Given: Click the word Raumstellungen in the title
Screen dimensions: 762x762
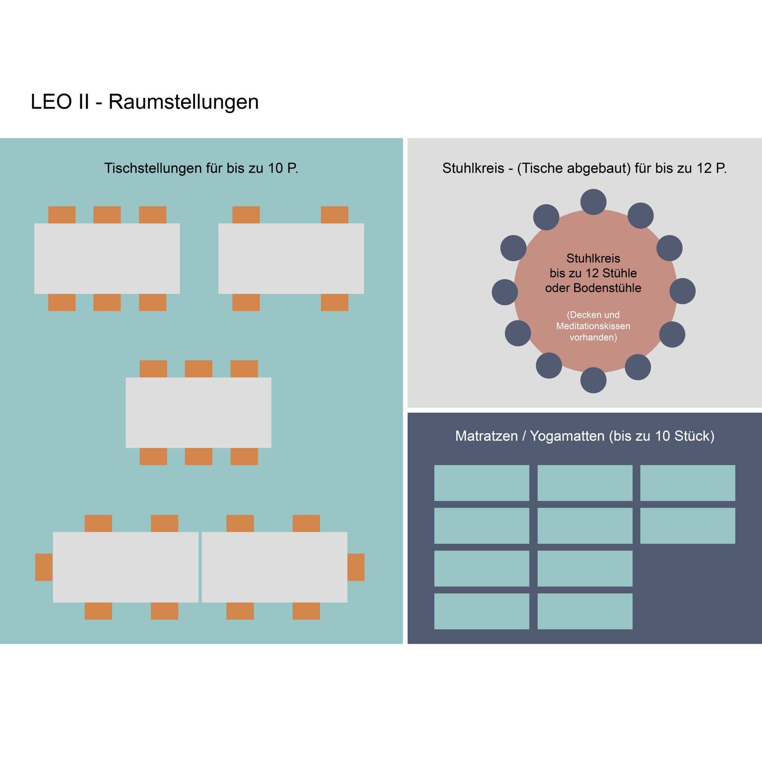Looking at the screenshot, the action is tap(183, 102).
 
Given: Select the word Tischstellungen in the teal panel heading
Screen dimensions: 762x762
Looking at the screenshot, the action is tap(153, 168).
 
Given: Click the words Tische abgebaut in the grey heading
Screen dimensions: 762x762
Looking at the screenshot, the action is tap(574, 168).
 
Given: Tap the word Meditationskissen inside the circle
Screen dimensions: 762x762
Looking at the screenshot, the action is tap(593, 326).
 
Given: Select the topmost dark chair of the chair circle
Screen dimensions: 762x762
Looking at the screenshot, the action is tap(593, 202).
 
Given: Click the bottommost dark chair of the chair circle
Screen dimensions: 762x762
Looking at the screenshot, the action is tap(593, 380).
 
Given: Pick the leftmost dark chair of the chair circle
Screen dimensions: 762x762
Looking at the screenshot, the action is tap(504, 292).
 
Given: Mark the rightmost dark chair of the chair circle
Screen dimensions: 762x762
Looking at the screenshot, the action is tap(682, 291).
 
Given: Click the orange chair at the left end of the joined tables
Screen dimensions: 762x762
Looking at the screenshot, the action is tap(44, 567).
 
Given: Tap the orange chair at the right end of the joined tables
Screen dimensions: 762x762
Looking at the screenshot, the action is tap(356, 567).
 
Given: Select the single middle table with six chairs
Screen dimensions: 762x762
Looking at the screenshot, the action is tap(198, 413).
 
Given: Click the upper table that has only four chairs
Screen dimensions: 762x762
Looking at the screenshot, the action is tap(291, 259).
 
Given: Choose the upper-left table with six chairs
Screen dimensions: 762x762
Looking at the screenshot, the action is tap(107, 259).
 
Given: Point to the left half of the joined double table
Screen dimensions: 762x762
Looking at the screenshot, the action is tap(125, 567).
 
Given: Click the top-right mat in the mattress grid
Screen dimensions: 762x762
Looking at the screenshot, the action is tap(687, 483).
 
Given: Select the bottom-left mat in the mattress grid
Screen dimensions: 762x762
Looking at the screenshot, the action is tap(481, 611).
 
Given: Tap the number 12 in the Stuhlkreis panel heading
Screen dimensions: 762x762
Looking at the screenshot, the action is tap(704, 168).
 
